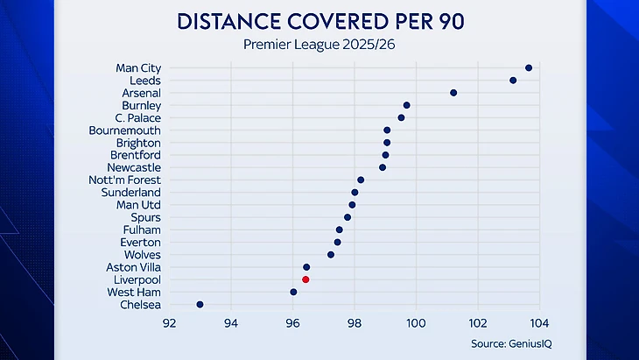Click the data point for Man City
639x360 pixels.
529,67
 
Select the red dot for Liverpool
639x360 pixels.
305,279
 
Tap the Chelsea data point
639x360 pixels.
200,304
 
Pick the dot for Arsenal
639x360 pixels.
453,92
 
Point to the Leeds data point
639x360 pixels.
513,81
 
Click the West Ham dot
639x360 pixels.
293,292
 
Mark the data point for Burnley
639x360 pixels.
406,105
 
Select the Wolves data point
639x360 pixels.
331,255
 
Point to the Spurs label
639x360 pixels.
145,217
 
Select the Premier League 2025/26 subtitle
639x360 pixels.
319,44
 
